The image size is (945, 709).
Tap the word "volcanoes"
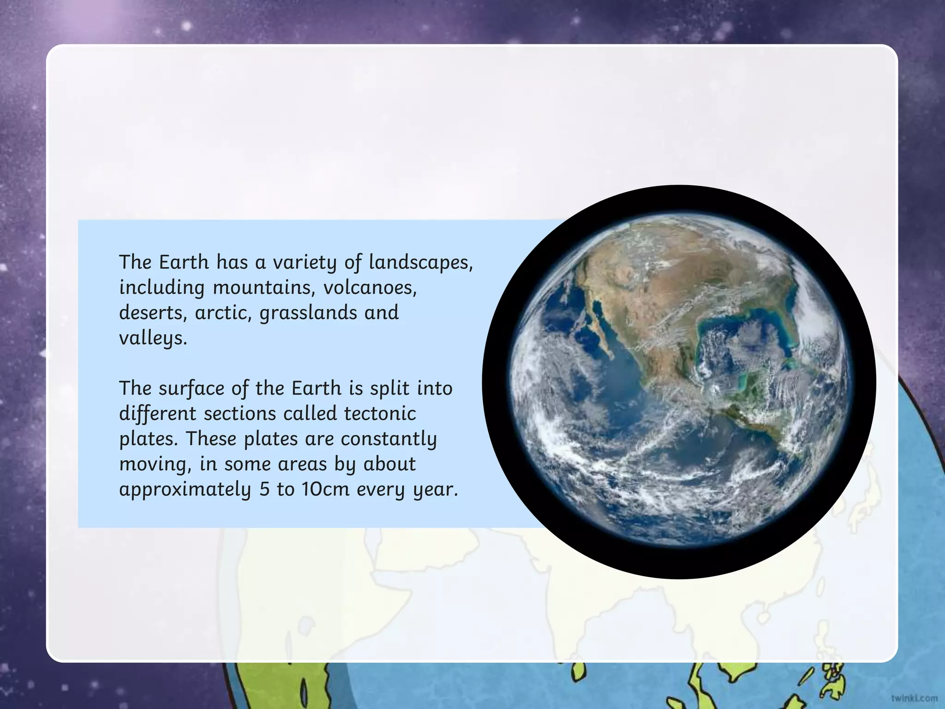pos(370,288)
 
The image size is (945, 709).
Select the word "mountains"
pos(263,288)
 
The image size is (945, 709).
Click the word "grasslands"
pos(308,313)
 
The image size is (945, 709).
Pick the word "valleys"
pos(153,338)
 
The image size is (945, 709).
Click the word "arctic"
pos(223,313)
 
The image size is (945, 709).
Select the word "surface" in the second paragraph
pos(191,388)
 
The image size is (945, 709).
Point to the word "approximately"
pos(185,489)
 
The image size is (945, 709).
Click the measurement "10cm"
pos(325,489)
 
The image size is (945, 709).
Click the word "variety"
pos(305,262)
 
